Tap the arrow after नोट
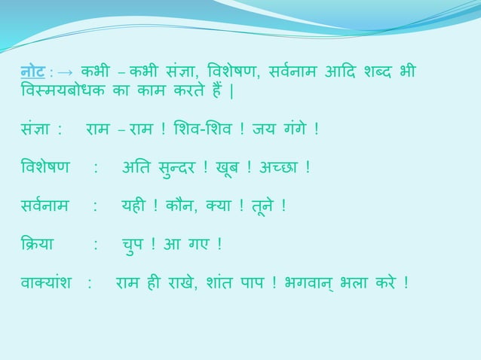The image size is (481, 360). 65,73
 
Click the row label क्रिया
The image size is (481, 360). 37,244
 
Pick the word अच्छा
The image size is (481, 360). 280,166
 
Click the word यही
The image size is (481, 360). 134,206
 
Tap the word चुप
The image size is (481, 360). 135,244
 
